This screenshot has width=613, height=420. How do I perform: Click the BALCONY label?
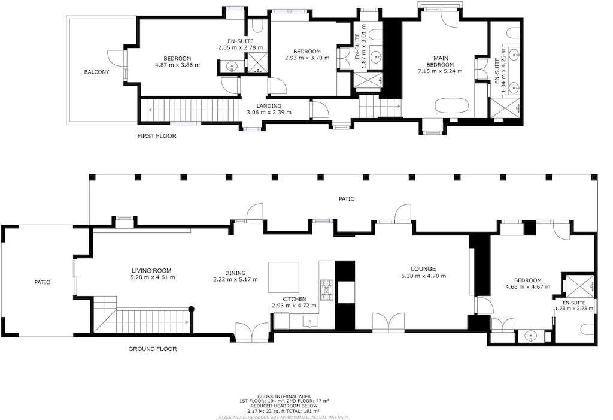pos(96,72)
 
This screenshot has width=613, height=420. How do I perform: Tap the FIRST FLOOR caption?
pos(157,136)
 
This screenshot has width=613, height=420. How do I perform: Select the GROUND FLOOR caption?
pos(153,349)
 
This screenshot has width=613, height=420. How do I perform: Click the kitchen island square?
pos(284,277)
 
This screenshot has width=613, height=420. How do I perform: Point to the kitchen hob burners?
pos(327,289)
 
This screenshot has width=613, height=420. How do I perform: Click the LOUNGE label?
pos(423,269)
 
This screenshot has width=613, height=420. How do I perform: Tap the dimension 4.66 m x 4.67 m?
pos(527,287)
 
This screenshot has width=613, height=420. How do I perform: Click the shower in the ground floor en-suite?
pos(580,285)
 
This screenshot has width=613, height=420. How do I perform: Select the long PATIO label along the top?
pos(347,199)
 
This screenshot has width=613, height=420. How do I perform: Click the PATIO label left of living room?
pos(41,282)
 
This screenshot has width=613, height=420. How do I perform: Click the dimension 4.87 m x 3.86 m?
pos(177,65)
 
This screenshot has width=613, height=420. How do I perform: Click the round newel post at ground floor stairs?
pos(192,309)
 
